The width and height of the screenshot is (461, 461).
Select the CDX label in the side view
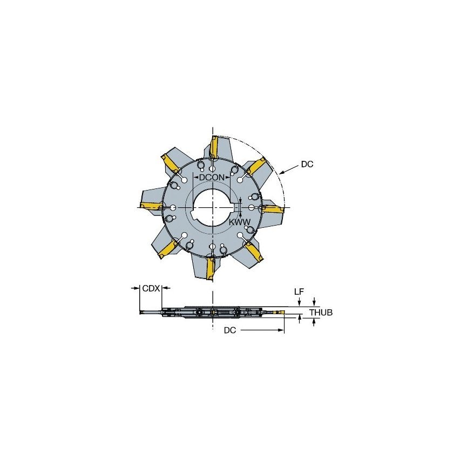tap(151, 289)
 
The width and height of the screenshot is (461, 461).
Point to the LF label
tap(299, 291)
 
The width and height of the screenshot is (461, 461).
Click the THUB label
tap(320, 313)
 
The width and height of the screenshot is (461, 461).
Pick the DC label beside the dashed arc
tap(307, 164)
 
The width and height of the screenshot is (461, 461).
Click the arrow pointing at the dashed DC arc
tap(285, 172)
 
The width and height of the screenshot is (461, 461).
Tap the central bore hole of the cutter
tap(212, 207)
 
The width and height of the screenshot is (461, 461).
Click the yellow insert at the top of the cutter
tap(214, 146)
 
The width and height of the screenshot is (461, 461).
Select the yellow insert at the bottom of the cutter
tap(211, 267)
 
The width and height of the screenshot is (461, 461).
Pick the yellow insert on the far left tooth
tap(151, 205)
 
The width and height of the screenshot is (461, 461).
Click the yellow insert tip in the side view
tap(279, 313)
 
